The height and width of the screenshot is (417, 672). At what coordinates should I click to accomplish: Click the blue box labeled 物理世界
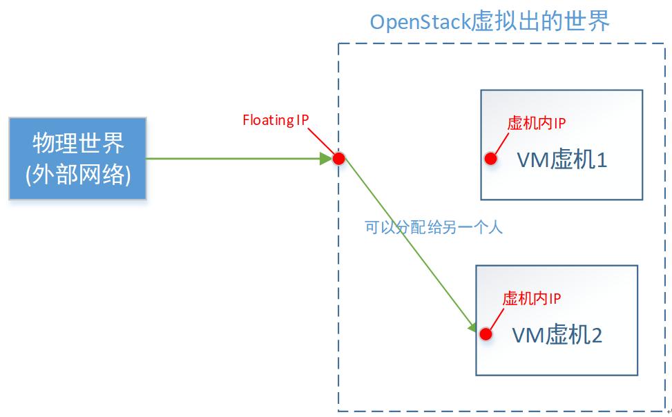[x=78, y=158]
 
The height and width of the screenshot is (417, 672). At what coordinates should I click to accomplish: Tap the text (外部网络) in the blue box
[x=78, y=174]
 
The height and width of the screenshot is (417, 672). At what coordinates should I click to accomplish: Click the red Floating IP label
[x=275, y=120]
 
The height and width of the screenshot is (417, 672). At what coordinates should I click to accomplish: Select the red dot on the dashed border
[x=338, y=159]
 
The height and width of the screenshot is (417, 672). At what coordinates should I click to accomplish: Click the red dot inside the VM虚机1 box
[x=490, y=159]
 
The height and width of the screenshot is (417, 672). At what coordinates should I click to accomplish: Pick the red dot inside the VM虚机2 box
[x=486, y=334]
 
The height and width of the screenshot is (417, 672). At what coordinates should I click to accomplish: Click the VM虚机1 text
[x=561, y=160]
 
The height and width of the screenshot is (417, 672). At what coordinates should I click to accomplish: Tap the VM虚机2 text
[x=557, y=336]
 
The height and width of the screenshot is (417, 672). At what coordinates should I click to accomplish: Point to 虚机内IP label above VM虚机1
[x=537, y=124]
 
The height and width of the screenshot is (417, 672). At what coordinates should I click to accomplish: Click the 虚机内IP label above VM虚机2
[x=531, y=298]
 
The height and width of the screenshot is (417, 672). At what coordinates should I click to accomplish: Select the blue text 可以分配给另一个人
[x=433, y=227]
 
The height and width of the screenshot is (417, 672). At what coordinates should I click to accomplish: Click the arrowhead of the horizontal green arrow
[x=326, y=159]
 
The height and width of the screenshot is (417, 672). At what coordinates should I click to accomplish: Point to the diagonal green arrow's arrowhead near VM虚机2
[x=473, y=326]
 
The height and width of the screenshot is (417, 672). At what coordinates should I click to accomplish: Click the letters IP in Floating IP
[x=302, y=120]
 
